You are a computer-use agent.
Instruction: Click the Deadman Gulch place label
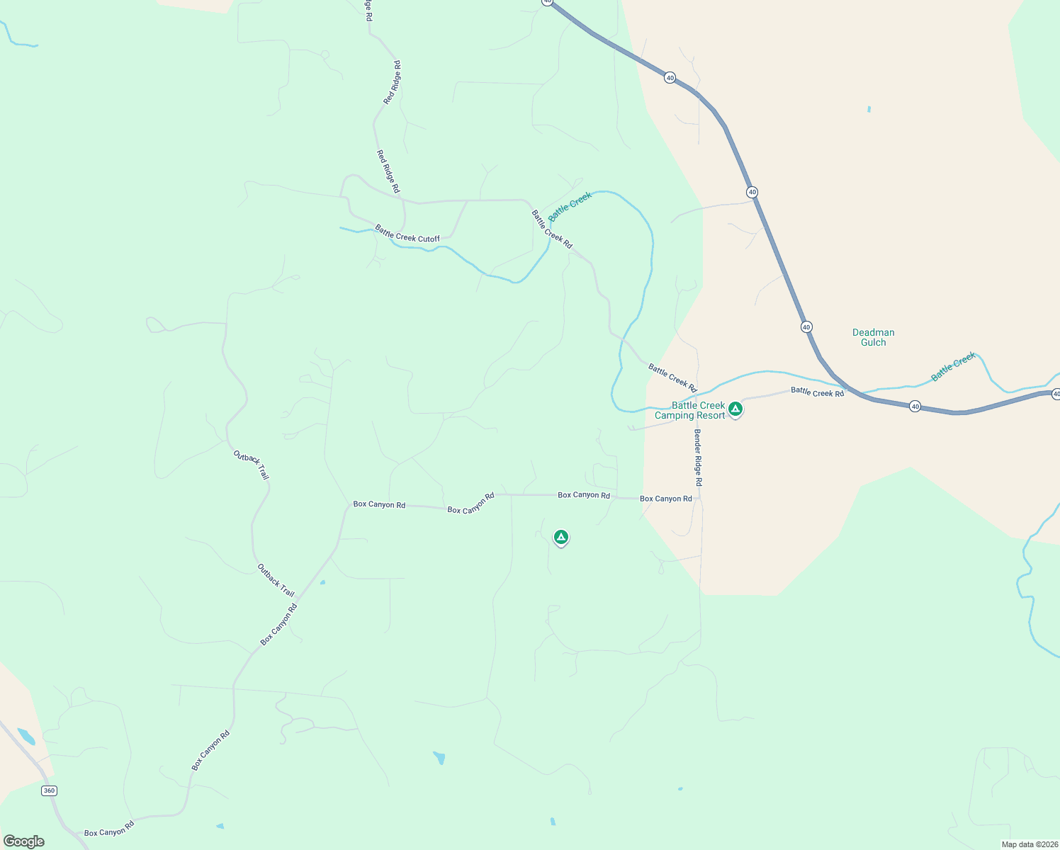(x=873, y=337)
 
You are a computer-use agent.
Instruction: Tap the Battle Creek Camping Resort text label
(x=690, y=411)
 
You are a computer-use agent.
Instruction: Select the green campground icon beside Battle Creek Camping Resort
(x=735, y=409)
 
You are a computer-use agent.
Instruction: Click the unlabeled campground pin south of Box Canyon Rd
(x=560, y=538)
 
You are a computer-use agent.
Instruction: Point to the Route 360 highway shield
(x=48, y=790)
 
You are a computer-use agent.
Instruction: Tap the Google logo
(x=24, y=841)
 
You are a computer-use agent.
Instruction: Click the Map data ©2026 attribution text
(x=1030, y=844)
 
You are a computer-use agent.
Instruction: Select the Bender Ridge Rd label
(x=698, y=458)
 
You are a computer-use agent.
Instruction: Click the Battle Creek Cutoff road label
(x=407, y=234)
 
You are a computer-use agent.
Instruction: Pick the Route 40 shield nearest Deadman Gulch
(x=806, y=327)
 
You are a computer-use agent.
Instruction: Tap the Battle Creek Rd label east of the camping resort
(x=817, y=392)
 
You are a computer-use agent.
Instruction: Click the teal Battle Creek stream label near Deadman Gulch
(x=953, y=366)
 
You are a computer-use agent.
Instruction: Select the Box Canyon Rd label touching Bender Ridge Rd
(x=665, y=499)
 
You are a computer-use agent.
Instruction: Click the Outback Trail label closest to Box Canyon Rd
(x=276, y=580)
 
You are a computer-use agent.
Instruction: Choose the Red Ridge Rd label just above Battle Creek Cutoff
(x=388, y=171)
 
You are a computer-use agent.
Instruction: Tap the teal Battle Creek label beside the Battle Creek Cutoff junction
(x=570, y=206)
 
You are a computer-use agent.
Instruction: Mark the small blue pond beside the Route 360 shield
(x=26, y=736)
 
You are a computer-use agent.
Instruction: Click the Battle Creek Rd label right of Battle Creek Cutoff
(x=551, y=229)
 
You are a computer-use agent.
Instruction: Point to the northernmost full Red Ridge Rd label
(x=393, y=83)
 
